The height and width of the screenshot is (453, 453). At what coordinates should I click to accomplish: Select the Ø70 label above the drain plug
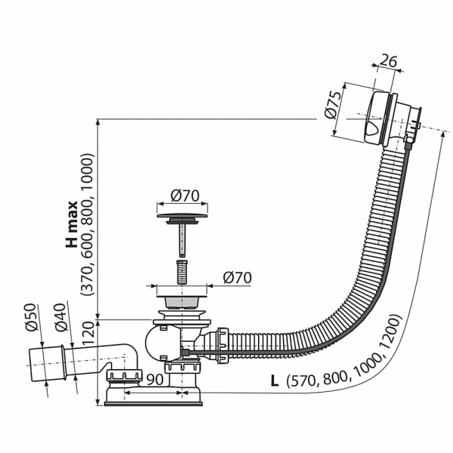tap(185, 196)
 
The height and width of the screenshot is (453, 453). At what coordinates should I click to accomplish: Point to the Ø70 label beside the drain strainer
tap(237, 278)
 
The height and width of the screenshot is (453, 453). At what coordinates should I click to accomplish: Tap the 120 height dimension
tap(88, 334)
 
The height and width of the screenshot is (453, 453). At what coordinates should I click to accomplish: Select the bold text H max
tap(72, 224)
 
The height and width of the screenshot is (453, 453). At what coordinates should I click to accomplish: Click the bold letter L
tap(274, 381)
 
